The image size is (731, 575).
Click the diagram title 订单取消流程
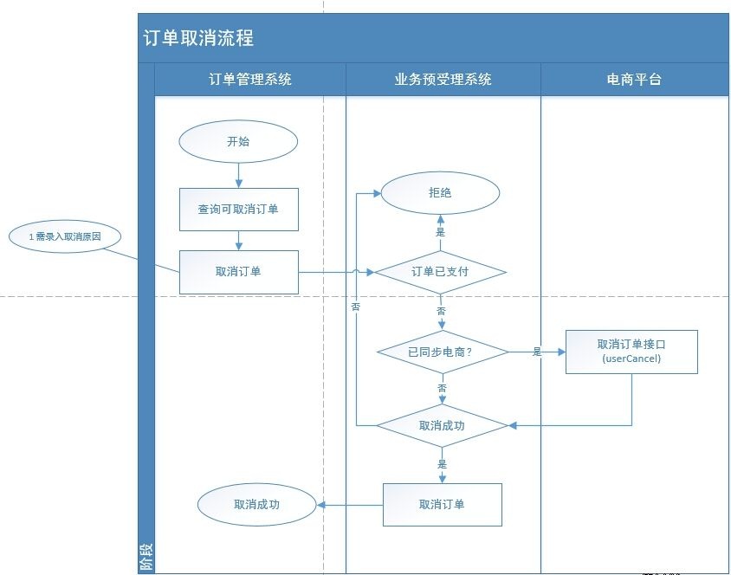click(199, 39)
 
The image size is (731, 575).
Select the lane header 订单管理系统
click(250, 79)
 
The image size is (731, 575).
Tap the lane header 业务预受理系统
click(443, 79)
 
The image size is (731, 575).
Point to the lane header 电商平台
click(634, 79)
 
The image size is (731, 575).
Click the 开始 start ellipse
click(238, 141)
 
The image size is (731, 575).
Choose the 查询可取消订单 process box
click(238, 210)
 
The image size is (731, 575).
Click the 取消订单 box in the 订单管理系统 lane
click(238, 271)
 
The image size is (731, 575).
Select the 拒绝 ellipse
click(441, 193)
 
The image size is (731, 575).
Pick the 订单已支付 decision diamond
click(441, 272)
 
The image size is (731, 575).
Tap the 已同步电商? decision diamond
click(443, 352)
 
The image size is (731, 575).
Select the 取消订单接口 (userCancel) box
click(631, 350)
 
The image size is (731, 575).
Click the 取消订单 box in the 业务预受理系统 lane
click(443, 504)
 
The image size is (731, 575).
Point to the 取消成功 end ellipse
click(256, 503)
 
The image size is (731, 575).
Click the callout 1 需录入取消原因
click(64, 236)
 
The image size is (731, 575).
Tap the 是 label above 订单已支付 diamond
click(441, 232)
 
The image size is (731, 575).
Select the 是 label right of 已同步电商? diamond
click(537, 352)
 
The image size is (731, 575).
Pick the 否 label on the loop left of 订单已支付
click(356, 307)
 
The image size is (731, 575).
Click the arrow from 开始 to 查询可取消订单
click(238, 175)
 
